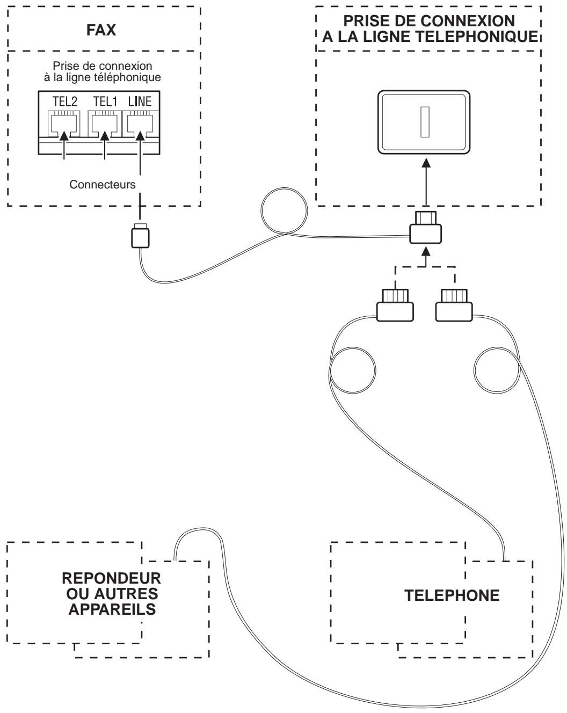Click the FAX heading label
point(101,30)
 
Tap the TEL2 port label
point(64,102)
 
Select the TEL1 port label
point(104,102)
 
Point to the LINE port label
point(140,102)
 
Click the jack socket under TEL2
point(64,122)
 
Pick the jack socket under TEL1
point(104,122)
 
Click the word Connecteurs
point(102,184)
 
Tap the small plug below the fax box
point(140,237)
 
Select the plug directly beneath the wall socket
point(425,229)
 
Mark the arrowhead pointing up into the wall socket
point(426,163)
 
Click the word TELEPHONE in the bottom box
point(452,595)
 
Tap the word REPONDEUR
point(112,580)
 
